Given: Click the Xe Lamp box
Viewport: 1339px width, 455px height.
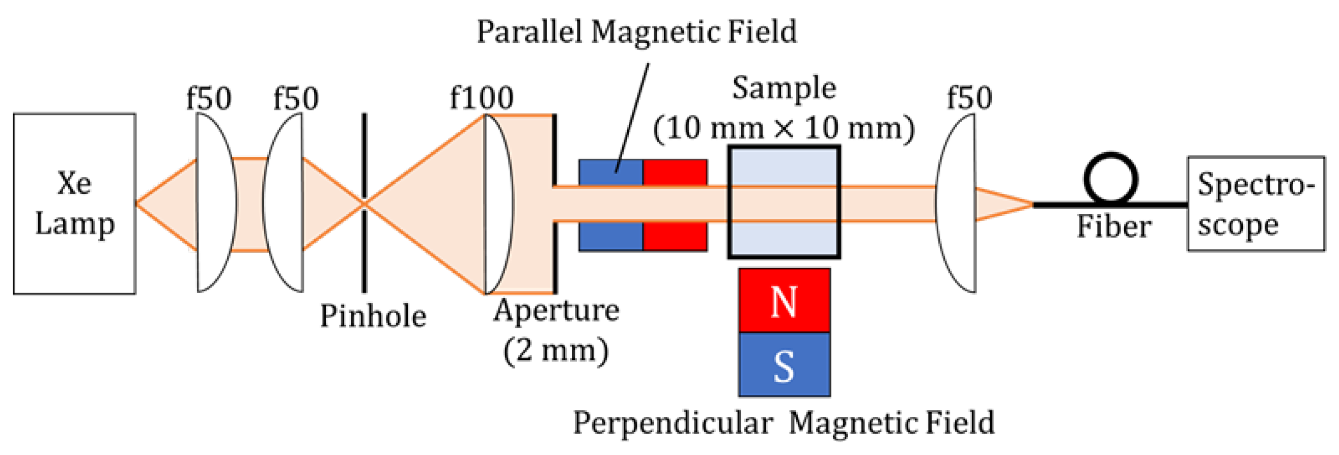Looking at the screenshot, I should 74,204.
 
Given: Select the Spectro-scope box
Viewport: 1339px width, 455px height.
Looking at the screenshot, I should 1256,204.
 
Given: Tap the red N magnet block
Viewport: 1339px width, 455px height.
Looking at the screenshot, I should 784,301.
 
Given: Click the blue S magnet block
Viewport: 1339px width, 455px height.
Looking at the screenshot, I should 784,365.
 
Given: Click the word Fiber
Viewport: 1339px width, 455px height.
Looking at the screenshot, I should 1114,226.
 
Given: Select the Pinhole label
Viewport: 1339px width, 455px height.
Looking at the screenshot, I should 373,316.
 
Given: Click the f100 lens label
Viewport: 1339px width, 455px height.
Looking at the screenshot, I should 481,98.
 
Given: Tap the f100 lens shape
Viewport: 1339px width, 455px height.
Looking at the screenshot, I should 498,204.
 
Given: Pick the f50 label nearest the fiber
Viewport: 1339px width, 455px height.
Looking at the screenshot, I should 969,98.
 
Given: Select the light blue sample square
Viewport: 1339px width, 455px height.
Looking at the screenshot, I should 784,166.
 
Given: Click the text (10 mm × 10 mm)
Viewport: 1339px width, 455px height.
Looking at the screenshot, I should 784,128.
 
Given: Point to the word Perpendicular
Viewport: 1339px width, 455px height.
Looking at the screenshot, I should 673,423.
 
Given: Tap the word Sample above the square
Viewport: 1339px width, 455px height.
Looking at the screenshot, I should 784,88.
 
